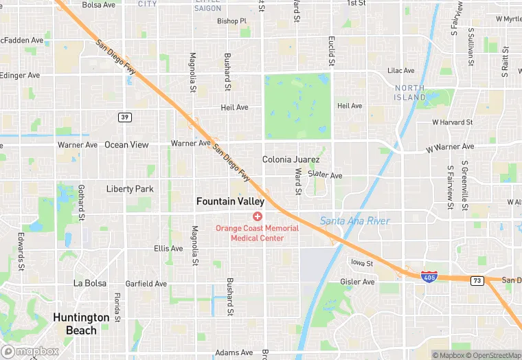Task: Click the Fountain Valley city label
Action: point(230,201)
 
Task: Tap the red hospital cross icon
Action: point(258,216)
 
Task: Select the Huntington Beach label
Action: point(81,324)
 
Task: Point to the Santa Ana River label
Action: point(355,221)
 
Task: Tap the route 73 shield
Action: point(477,280)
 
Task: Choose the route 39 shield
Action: point(124,117)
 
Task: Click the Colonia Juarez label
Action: point(291,159)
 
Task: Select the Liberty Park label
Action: point(130,189)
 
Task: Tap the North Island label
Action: point(409,93)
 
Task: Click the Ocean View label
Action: point(126,145)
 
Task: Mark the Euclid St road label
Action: point(331,52)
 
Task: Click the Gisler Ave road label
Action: point(357,282)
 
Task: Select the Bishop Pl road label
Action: point(231,21)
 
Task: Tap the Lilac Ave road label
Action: point(401,71)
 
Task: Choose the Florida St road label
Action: point(117,307)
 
